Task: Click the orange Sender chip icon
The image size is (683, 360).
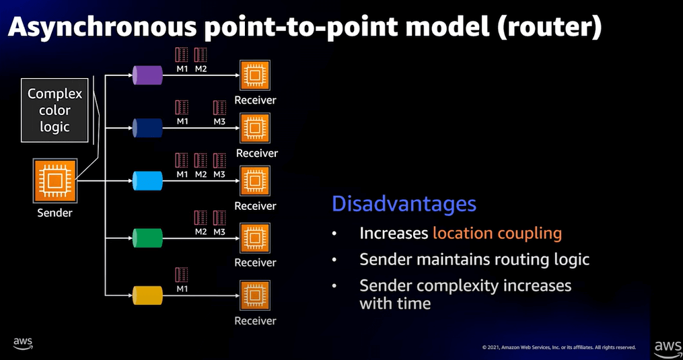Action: pyautogui.click(x=55, y=180)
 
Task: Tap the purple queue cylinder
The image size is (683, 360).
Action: pyautogui.click(x=147, y=75)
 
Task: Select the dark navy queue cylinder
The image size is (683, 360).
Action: pyautogui.click(x=147, y=128)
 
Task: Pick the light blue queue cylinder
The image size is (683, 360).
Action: pyautogui.click(x=147, y=181)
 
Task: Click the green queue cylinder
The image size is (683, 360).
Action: pyautogui.click(x=147, y=238)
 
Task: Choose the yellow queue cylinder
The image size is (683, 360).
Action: pyautogui.click(x=147, y=295)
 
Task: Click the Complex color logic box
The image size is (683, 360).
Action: pyautogui.click(x=55, y=110)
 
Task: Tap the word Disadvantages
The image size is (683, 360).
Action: pyautogui.click(x=404, y=203)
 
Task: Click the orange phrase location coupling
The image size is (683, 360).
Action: pyautogui.click(x=497, y=233)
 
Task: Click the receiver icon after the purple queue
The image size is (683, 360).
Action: pyautogui.click(x=255, y=75)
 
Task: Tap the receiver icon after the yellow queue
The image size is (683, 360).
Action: pyautogui.click(x=255, y=295)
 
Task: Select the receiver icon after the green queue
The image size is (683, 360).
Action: pyautogui.click(x=255, y=238)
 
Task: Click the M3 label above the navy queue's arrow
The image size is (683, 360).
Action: pyautogui.click(x=219, y=122)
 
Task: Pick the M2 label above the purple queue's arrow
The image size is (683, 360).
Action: pyautogui.click(x=201, y=69)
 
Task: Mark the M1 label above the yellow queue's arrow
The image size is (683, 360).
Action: pyautogui.click(x=182, y=289)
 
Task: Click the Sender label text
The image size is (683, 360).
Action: pyautogui.click(x=55, y=213)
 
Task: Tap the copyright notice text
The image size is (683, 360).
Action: pyautogui.click(x=559, y=347)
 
